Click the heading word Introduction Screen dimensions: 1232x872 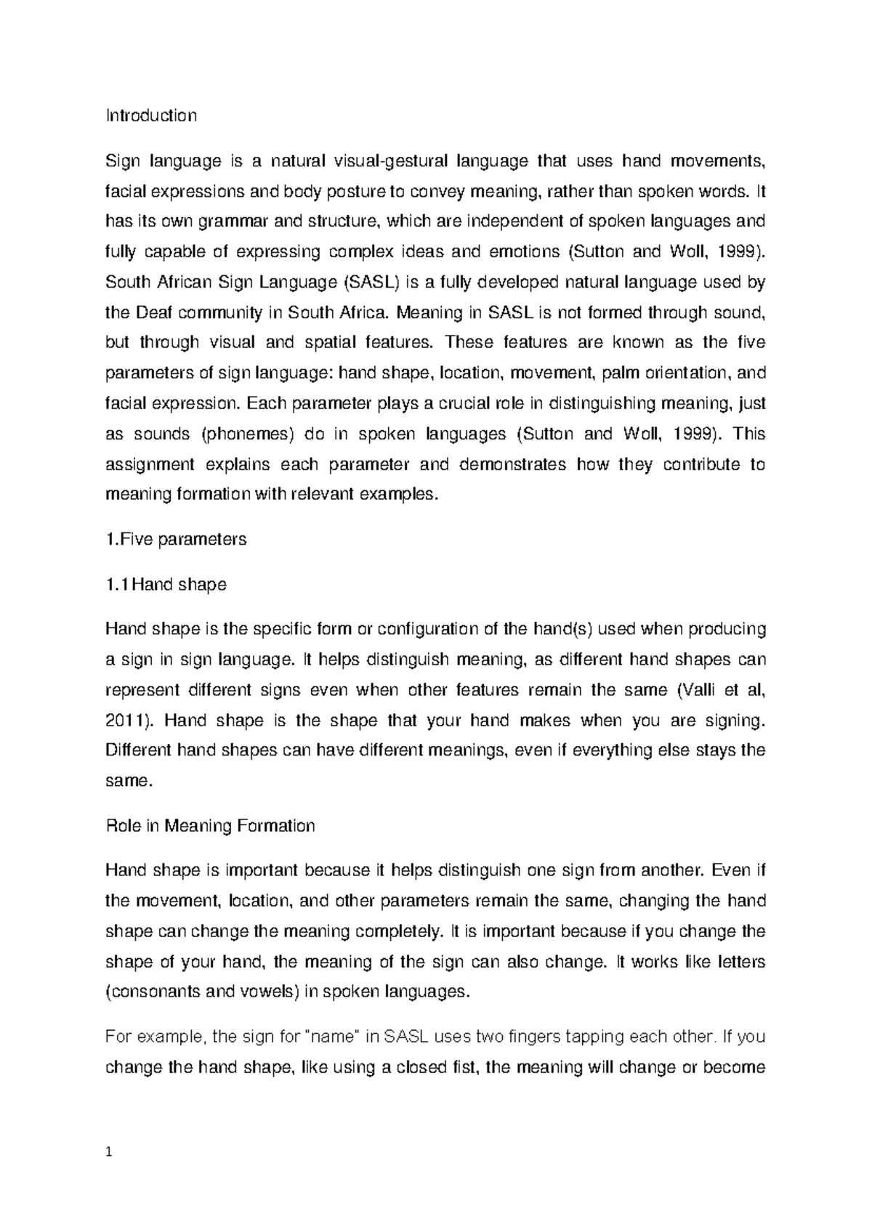(x=151, y=115)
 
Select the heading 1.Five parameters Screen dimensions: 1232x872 (x=176, y=539)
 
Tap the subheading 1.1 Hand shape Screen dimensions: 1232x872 (x=166, y=584)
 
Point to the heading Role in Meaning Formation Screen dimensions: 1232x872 (x=210, y=826)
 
